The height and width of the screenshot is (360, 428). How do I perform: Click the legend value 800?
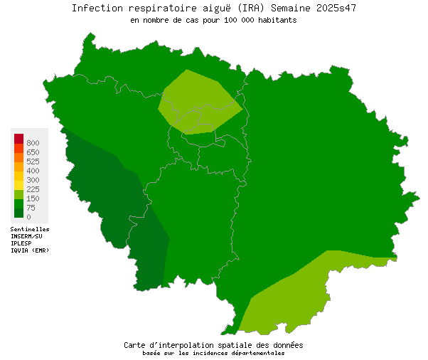point(33,144)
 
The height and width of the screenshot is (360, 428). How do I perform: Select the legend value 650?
point(33,153)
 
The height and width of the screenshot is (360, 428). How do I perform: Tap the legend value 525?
point(33,162)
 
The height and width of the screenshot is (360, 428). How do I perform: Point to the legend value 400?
point(33,171)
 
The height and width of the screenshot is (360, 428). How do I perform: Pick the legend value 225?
point(33,190)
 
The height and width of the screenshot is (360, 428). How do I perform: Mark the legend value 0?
point(28,217)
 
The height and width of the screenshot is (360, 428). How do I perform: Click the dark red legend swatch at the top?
point(18,138)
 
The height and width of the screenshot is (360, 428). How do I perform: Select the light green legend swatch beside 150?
point(18,194)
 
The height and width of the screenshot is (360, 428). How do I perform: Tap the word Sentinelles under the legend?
point(30,230)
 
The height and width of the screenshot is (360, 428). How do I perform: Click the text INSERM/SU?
point(26,236)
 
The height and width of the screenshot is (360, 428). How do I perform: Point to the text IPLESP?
point(21,243)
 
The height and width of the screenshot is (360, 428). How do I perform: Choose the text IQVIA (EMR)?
point(30,250)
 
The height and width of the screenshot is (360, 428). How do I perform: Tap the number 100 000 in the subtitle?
point(245,21)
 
